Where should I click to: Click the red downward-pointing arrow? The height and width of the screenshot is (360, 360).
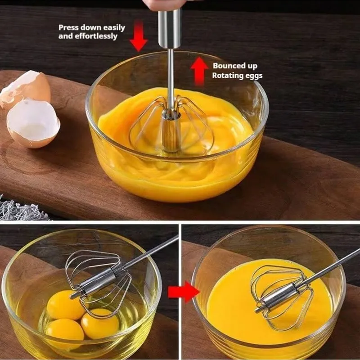click(x=139, y=36)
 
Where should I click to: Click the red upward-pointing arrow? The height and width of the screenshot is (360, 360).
click(x=199, y=72)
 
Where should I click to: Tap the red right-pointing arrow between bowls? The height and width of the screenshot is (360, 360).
click(x=184, y=292)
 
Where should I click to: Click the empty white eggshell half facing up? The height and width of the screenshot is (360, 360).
click(x=33, y=123)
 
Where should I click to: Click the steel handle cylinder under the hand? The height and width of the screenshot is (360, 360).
click(x=170, y=29)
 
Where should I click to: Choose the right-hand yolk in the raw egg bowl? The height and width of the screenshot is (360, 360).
click(x=100, y=324)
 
